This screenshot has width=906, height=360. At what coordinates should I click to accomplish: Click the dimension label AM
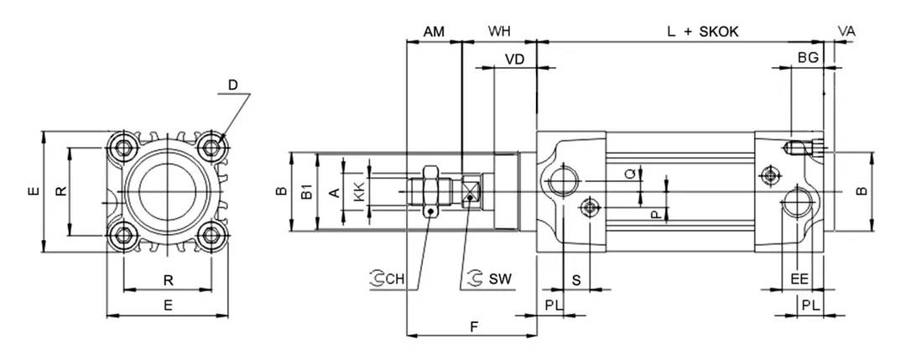(434, 31)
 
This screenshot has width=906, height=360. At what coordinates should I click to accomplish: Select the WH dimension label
(499, 31)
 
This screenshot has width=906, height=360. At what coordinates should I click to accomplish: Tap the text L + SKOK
(702, 31)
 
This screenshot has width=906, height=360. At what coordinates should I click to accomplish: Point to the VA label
(846, 31)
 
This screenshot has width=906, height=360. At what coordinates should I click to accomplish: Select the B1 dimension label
(307, 192)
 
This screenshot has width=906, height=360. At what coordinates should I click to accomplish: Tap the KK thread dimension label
(359, 192)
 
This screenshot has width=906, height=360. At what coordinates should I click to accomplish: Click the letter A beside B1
(333, 193)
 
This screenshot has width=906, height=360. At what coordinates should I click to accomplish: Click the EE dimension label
(799, 279)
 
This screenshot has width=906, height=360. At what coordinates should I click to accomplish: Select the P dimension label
(654, 214)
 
